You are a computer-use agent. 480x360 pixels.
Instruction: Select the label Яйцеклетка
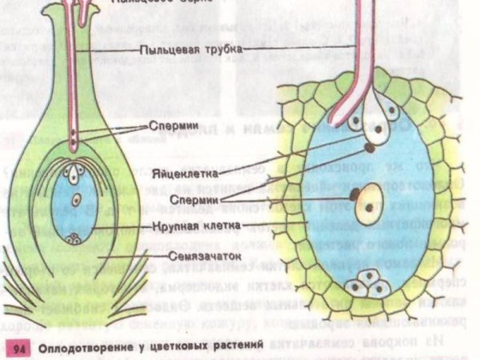point(178,173)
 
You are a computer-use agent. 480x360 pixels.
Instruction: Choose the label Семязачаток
point(189,256)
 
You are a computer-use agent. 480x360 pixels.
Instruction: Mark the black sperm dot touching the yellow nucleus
point(353,195)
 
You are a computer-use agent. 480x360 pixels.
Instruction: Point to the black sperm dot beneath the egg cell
point(370,147)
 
